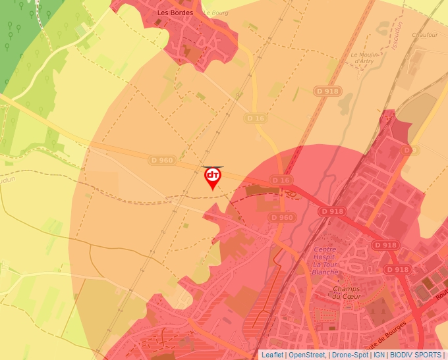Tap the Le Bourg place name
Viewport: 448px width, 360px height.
tap(215, 13)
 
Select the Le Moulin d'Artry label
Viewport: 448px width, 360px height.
tap(364, 58)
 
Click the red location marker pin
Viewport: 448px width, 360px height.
tap(213, 178)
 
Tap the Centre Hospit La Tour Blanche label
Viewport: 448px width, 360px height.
tap(325, 261)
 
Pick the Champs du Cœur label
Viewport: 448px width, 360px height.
tap(347, 292)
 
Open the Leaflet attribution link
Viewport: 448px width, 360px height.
tap(271, 355)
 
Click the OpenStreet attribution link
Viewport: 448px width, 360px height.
tap(306, 355)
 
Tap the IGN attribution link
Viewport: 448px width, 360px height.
tap(379, 355)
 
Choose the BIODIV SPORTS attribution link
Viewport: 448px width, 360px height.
tap(416, 355)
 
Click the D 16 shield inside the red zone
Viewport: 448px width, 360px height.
tap(280, 180)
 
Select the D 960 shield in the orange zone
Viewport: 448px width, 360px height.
tap(161, 160)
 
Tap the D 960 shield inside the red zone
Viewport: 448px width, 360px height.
tap(281, 218)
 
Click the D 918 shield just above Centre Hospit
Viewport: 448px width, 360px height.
tap(331, 211)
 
